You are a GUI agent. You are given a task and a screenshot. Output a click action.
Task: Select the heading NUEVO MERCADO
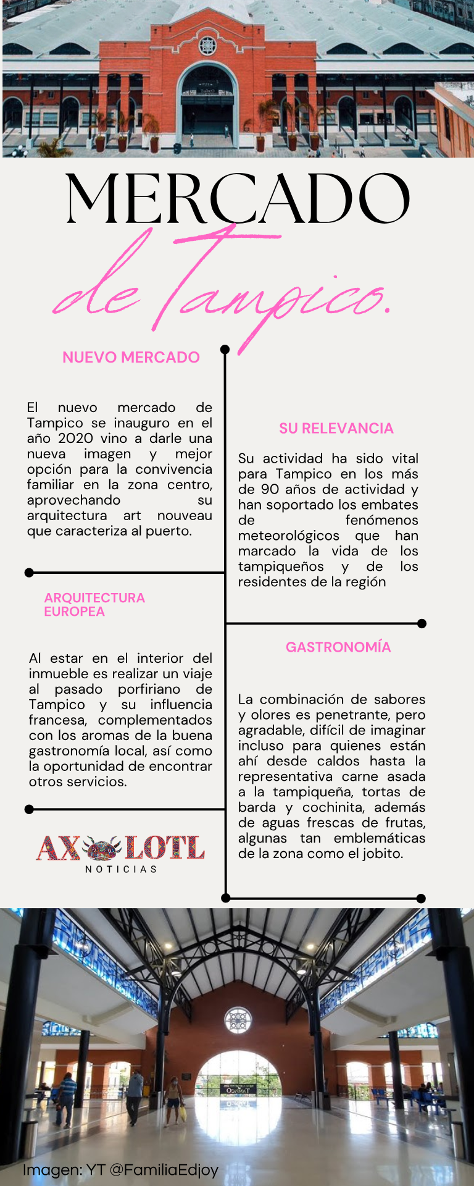(x=131, y=357)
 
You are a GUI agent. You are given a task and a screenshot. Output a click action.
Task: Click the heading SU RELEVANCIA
(x=336, y=428)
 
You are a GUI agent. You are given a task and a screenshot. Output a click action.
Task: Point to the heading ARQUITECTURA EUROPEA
(x=94, y=604)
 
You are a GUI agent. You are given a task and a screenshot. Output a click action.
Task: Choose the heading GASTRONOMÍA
(x=338, y=647)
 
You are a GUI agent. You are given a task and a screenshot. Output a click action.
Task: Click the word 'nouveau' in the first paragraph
(x=185, y=515)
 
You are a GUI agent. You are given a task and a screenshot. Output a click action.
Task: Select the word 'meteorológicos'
(x=288, y=536)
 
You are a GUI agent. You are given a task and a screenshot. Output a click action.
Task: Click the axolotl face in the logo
(x=102, y=848)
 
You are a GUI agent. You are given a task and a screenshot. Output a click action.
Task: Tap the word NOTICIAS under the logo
(x=121, y=869)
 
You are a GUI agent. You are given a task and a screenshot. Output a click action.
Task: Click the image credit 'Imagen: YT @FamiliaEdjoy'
(x=120, y=1170)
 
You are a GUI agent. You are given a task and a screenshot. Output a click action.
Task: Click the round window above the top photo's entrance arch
(x=207, y=45)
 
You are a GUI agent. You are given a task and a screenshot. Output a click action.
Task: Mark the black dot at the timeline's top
(x=225, y=350)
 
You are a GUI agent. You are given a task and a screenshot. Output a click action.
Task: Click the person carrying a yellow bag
(x=175, y=1100)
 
